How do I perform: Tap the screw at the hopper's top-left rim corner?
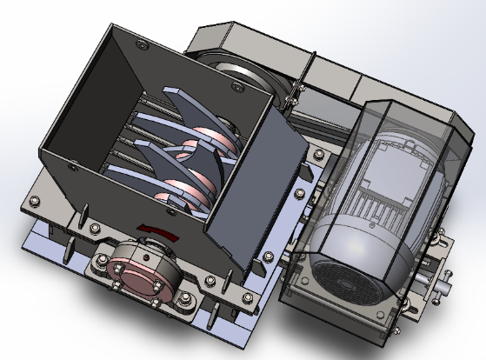tap(140, 40)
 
